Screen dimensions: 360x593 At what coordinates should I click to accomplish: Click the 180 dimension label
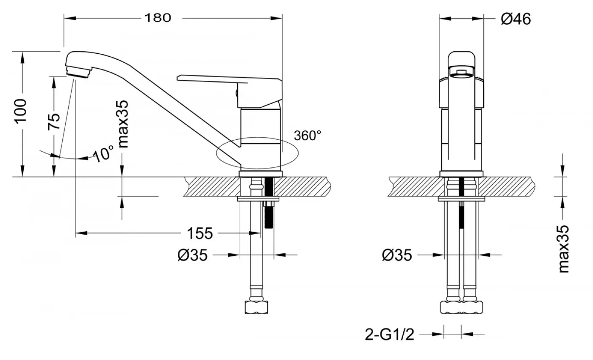(x=158, y=17)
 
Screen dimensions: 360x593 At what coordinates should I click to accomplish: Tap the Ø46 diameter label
(x=515, y=19)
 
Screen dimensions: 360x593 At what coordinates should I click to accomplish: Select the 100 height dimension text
(x=21, y=111)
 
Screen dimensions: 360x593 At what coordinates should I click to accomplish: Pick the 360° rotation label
(x=308, y=136)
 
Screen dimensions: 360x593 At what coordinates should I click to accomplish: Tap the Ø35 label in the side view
(x=193, y=255)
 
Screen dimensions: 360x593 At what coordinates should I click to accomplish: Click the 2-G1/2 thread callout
(x=389, y=335)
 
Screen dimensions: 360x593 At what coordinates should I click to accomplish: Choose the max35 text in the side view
(x=123, y=124)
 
